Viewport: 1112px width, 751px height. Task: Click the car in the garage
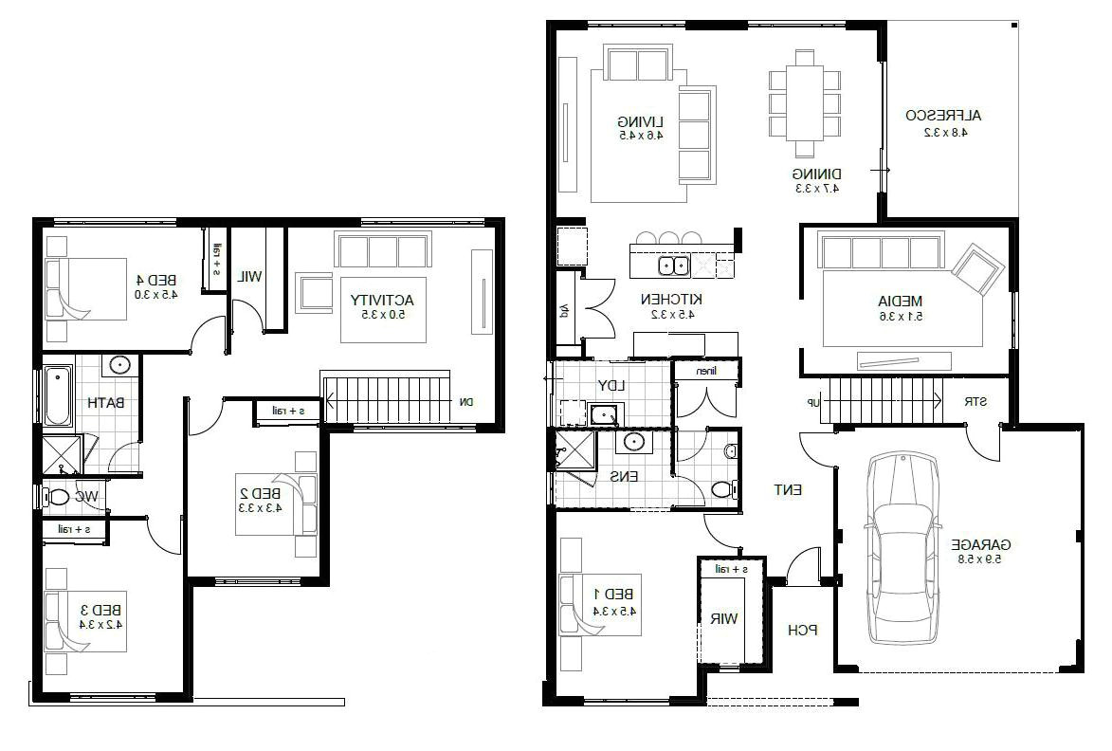pos(902,550)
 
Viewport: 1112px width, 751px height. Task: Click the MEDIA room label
pos(900,302)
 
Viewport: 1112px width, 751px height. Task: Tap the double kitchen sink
pos(674,266)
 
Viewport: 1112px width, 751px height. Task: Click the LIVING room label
pos(640,121)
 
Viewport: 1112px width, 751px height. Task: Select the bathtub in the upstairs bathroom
pos(56,395)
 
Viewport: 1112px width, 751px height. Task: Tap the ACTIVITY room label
pos(382,300)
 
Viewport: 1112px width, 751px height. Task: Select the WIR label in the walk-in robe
pos(723,619)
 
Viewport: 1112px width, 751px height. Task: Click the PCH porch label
pos(802,630)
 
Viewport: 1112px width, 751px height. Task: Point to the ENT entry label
pos(789,490)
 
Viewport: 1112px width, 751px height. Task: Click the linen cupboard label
pos(706,372)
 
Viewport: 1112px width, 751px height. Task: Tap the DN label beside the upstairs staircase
pos(465,402)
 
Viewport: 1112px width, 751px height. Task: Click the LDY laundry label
pos(608,385)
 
